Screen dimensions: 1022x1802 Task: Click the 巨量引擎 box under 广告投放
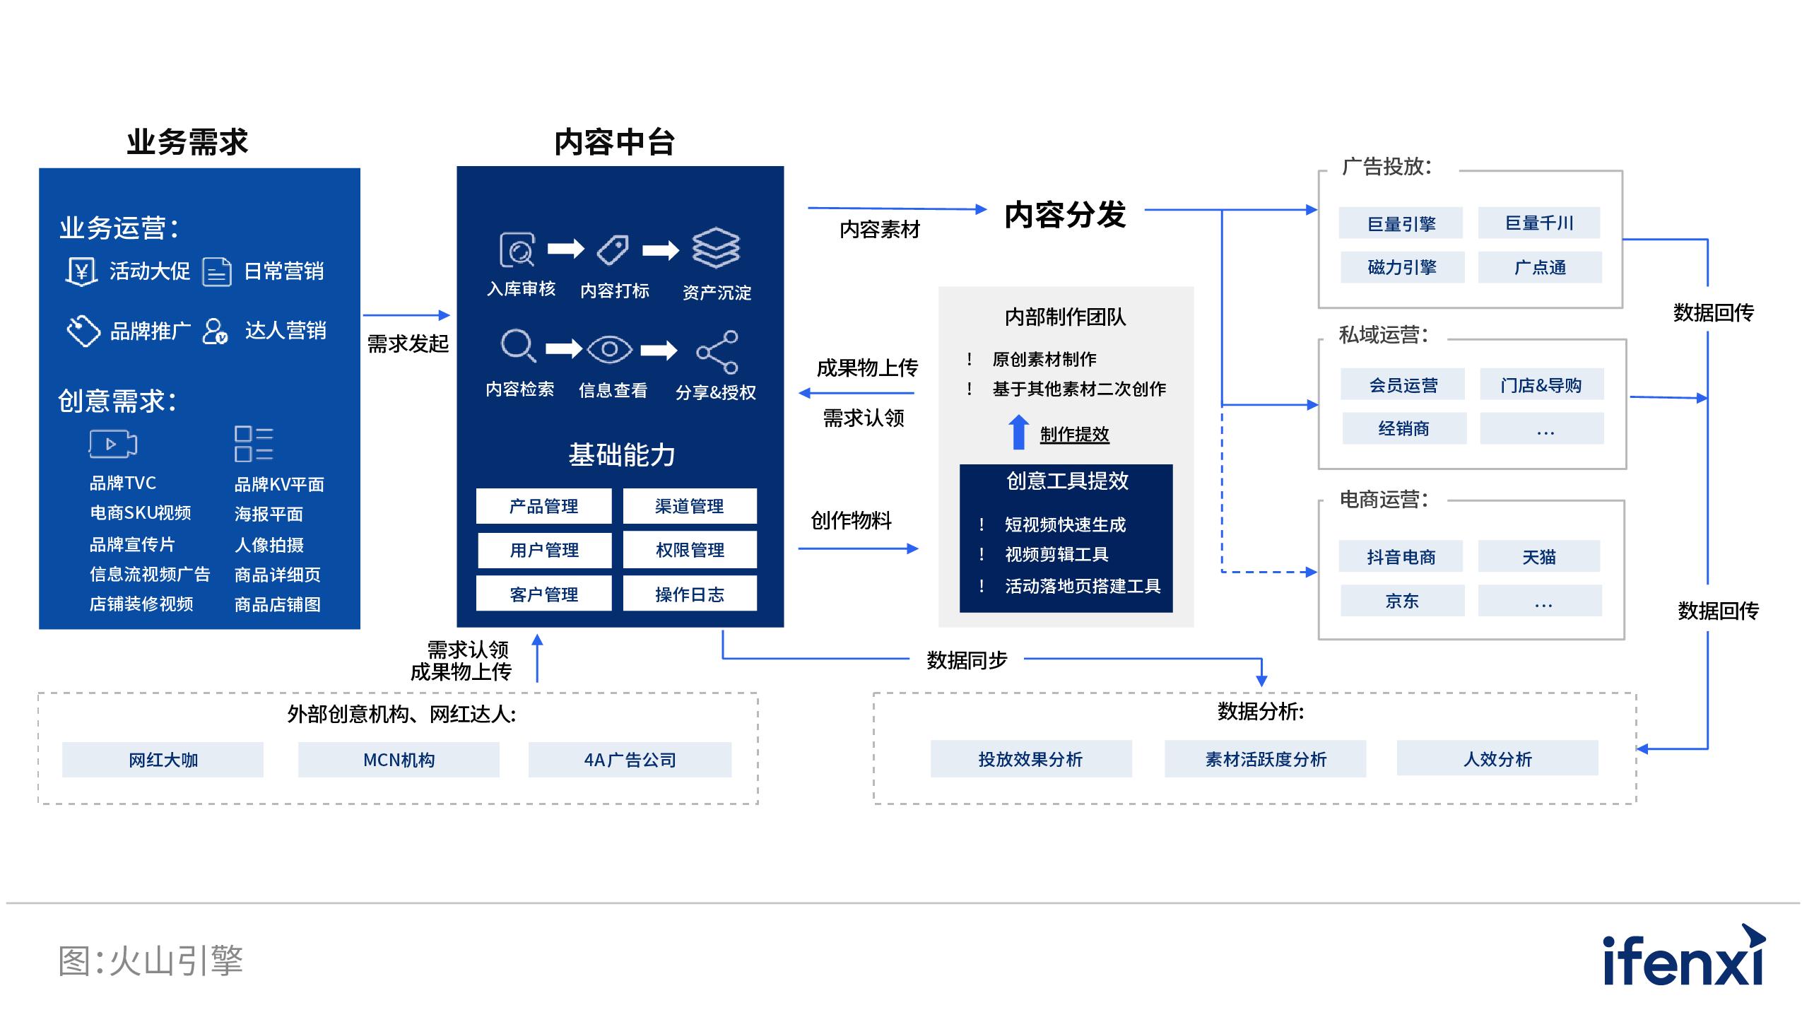pos(1400,223)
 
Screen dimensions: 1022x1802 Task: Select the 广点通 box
pos(1539,267)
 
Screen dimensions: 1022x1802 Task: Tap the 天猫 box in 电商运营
pos(1538,557)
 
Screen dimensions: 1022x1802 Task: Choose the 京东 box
pos(1401,601)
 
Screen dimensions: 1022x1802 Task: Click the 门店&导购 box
pos(1541,385)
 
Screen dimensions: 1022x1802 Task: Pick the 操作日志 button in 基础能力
pos(689,594)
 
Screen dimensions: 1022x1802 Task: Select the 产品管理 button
pos(543,506)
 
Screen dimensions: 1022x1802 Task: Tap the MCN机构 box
pos(399,760)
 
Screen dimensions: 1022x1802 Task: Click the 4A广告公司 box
pos(630,760)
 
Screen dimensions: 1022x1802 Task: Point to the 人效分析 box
pos(1497,758)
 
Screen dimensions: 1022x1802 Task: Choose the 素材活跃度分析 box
pos(1265,758)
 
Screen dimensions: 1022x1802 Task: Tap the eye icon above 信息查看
pos(609,349)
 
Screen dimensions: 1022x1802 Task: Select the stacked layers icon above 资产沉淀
pos(715,247)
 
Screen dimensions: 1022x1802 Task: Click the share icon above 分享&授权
pos(717,351)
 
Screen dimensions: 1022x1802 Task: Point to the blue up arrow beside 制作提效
pos(1018,432)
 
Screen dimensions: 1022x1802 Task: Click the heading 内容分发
pos(1064,214)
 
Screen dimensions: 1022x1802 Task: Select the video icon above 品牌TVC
pos(112,444)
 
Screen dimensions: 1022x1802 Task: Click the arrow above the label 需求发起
pos(406,315)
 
